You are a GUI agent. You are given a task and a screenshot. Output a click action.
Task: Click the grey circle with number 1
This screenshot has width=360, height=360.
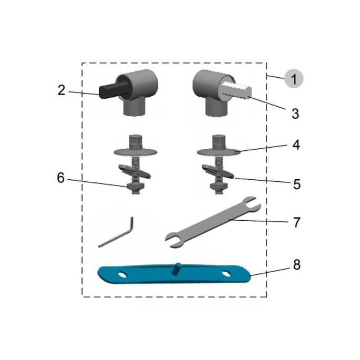[294, 79]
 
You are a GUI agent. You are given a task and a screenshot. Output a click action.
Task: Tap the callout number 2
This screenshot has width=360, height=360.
[61, 90]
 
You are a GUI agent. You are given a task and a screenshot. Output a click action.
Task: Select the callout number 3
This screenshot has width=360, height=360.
[295, 113]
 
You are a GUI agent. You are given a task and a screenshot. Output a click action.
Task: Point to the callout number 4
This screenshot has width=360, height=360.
[296, 145]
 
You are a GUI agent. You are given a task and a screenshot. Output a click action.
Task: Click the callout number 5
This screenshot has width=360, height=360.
[296, 184]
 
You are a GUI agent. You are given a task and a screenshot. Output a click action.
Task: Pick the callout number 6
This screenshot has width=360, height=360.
[61, 178]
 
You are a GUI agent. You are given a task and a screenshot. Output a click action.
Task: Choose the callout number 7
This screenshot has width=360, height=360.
[296, 222]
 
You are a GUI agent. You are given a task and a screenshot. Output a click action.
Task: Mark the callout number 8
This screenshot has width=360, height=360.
[296, 265]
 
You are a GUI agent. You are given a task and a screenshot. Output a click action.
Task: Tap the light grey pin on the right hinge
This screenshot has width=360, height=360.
[236, 88]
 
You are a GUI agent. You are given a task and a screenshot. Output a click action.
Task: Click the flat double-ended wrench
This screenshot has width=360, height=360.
[212, 221]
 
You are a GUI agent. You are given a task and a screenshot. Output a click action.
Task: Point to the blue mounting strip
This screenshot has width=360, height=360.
[173, 274]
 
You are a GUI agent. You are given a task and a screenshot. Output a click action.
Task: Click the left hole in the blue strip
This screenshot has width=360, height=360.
[122, 274]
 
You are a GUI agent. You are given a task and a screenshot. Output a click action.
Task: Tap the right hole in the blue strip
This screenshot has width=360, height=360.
[226, 273]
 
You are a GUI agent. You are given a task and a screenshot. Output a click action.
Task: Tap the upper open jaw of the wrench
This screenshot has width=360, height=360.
[251, 203]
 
